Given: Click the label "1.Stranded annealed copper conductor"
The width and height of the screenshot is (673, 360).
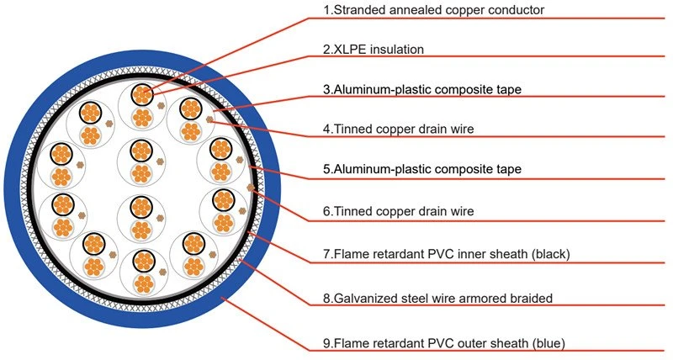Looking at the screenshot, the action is [x=433, y=10].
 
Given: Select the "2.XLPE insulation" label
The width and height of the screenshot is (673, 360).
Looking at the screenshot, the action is [x=374, y=50].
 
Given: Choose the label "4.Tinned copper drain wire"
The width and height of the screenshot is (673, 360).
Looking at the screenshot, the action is [x=398, y=129].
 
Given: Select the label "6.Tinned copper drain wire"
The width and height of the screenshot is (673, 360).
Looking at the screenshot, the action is [x=398, y=211].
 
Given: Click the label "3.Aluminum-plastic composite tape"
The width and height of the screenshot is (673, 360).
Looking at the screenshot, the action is [x=422, y=89].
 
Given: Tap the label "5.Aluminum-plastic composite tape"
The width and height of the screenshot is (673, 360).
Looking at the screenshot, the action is [x=422, y=168].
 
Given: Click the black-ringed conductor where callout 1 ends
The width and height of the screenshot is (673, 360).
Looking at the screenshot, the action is [x=142, y=94].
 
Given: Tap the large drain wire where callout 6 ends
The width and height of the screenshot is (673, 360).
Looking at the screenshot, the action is [x=251, y=188].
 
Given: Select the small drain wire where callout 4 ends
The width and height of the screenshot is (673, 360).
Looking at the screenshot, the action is [x=209, y=119].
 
